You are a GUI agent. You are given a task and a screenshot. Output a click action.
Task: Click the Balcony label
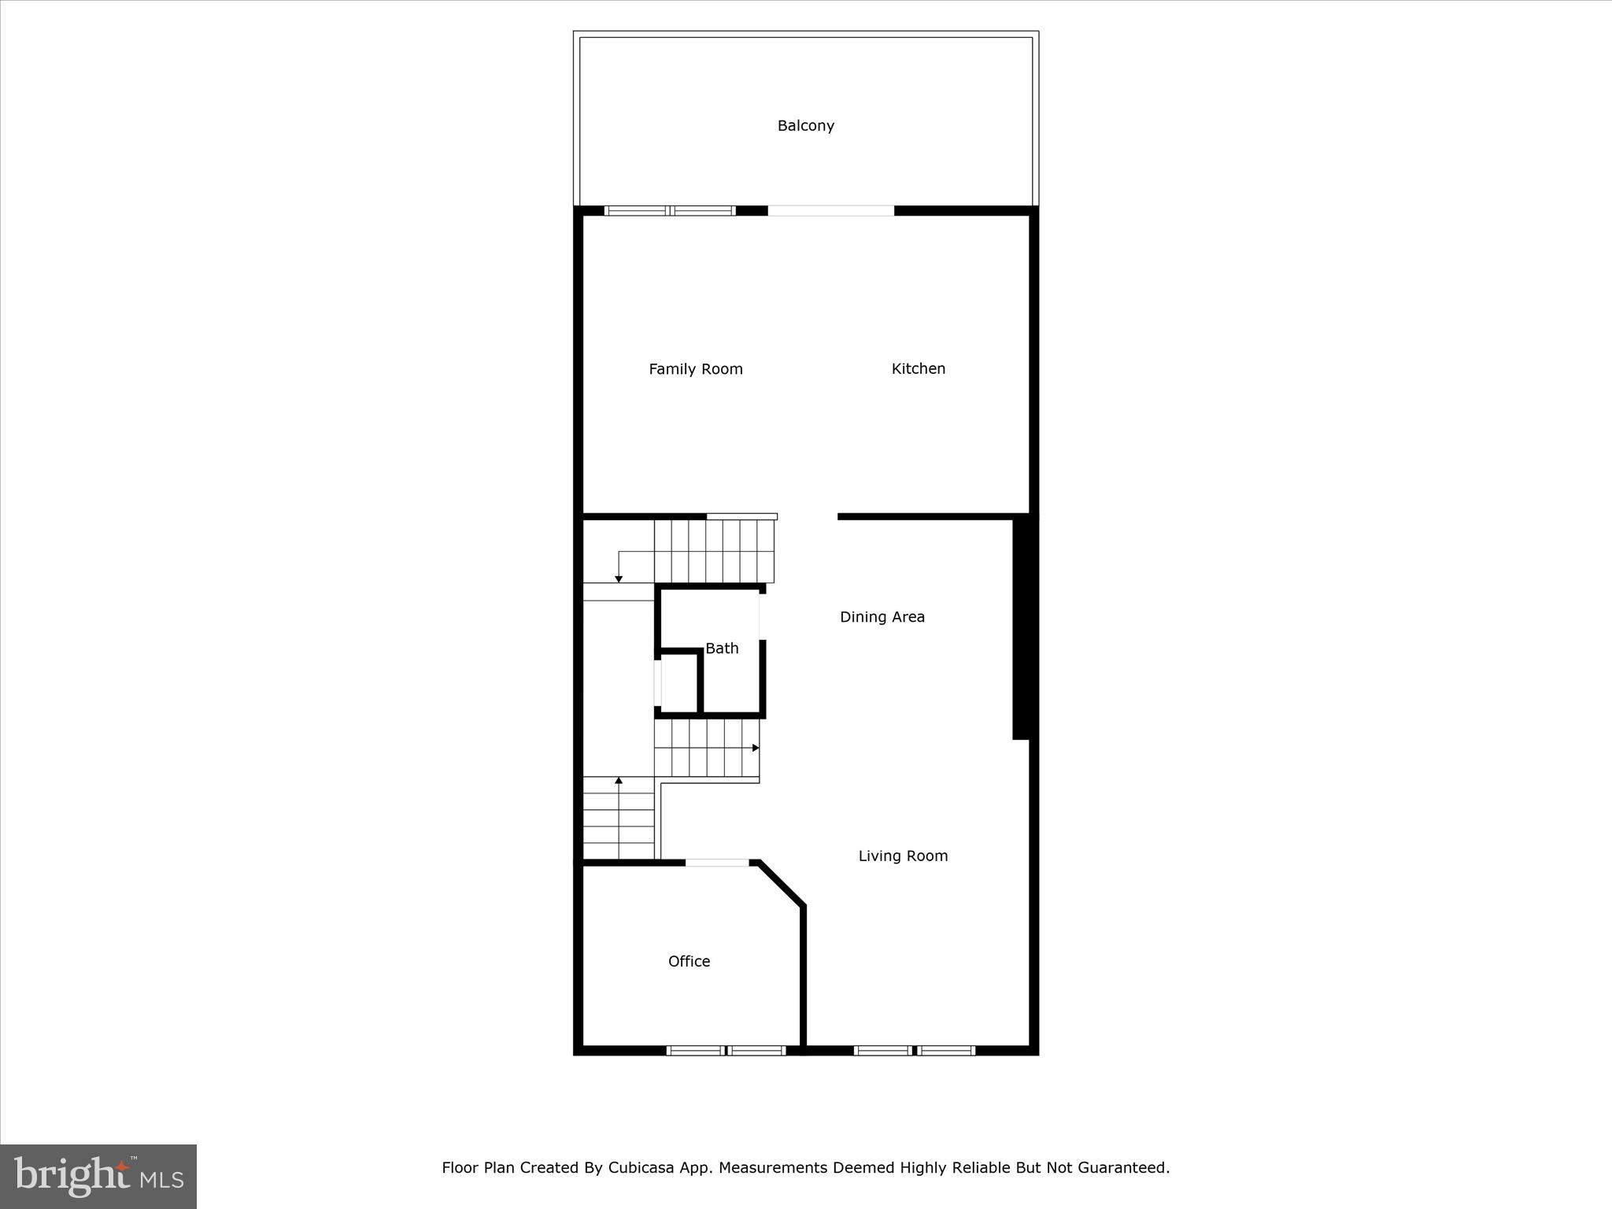click(805, 126)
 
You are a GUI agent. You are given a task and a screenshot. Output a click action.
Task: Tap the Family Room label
click(695, 369)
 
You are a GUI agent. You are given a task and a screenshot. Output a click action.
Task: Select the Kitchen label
click(918, 368)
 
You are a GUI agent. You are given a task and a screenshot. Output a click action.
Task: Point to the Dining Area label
click(882, 617)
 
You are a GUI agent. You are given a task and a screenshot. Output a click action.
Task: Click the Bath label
click(722, 649)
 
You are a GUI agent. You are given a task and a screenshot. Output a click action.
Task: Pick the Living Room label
click(903, 856)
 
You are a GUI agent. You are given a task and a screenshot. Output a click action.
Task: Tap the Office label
click(689, 961)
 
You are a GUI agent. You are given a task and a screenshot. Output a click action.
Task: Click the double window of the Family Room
click(670, 211)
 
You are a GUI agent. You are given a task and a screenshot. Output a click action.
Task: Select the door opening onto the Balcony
click(830, 211)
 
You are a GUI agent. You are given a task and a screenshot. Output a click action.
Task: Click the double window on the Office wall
click(726, 1050)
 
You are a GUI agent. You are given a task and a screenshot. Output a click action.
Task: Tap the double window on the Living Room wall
click(914, 1050)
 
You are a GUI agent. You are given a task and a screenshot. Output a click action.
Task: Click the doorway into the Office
click(717, 863)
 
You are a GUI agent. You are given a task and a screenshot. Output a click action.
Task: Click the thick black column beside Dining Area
click(1021, 628)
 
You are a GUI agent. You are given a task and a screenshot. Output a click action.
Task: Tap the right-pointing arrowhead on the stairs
click(756, 748)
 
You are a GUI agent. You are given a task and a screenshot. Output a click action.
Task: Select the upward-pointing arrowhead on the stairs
click(619, 781)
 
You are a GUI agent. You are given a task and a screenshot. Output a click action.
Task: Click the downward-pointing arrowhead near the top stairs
click(619, 579)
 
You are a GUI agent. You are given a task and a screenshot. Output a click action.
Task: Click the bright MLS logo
click(98, 1176)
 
